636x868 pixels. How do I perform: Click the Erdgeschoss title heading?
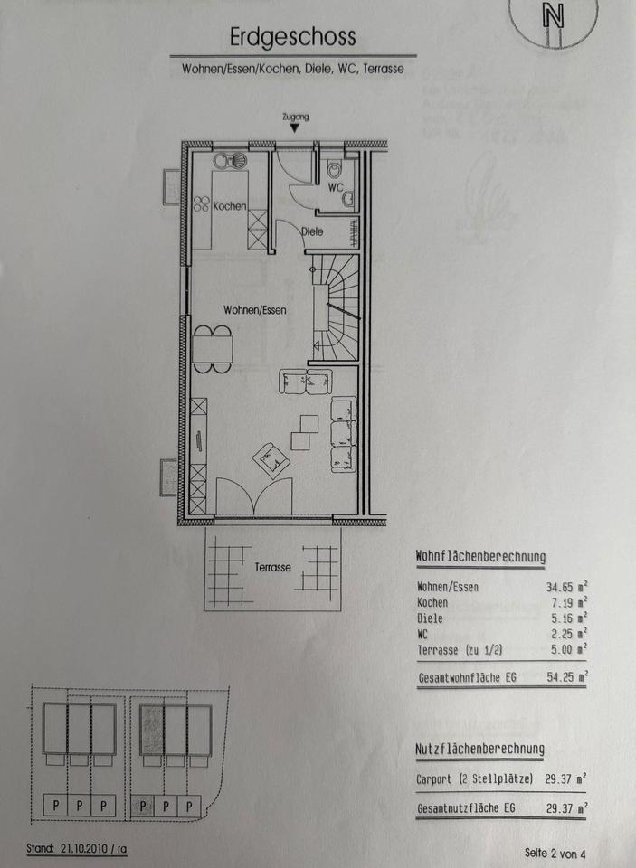(292, 38)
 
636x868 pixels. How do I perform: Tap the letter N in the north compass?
(553, 16)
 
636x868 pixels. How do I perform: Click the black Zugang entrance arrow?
(295, 128)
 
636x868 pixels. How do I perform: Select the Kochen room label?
(230, 206)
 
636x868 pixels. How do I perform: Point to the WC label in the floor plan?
(335, 188)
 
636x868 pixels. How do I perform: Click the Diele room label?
(312, 231)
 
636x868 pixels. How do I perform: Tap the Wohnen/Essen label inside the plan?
(255, 310)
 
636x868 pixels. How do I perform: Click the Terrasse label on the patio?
(272, 568)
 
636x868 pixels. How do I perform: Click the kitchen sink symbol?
(230, 161)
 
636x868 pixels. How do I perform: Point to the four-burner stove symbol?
(201, 203)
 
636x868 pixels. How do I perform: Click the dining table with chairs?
(213, 349)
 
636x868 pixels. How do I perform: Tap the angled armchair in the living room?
(271, 460)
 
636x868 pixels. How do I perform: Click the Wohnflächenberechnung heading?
(481, 557)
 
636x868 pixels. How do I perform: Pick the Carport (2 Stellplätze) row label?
(474, 778)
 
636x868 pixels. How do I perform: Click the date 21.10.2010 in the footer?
(83, 848)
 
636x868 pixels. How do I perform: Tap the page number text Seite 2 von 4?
(555, 853)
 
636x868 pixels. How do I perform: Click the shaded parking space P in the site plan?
(143, 806)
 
